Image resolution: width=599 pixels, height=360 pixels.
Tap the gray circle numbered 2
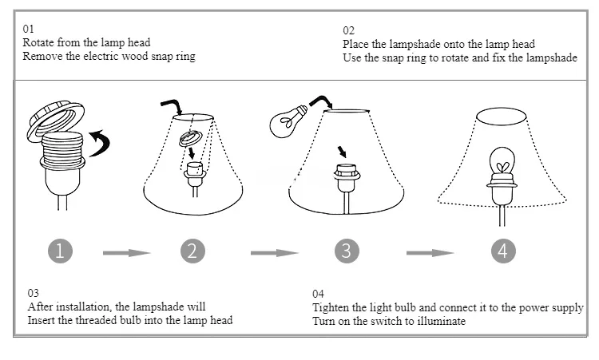[192, 251]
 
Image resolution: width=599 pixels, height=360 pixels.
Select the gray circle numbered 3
[345, 251]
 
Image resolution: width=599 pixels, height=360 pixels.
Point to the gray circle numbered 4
[502, 251]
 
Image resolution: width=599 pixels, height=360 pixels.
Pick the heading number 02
[349, 30]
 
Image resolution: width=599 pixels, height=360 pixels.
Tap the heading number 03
[34, 293]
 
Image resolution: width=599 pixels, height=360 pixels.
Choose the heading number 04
[319, 293]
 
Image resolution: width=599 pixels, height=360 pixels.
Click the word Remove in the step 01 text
[42, 56]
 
